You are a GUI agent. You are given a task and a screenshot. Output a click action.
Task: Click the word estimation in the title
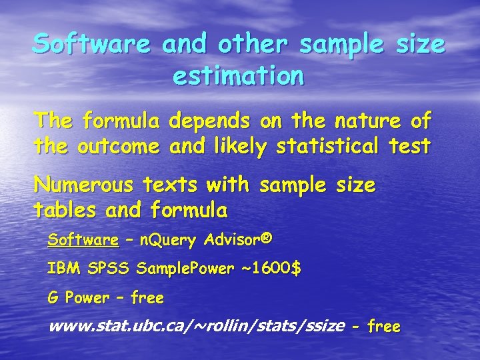(x=239, y=76)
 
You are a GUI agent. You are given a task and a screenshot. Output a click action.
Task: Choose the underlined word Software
(x=83, y=239)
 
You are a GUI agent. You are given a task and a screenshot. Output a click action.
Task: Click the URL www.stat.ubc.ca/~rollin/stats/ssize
(x=197, y=327)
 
